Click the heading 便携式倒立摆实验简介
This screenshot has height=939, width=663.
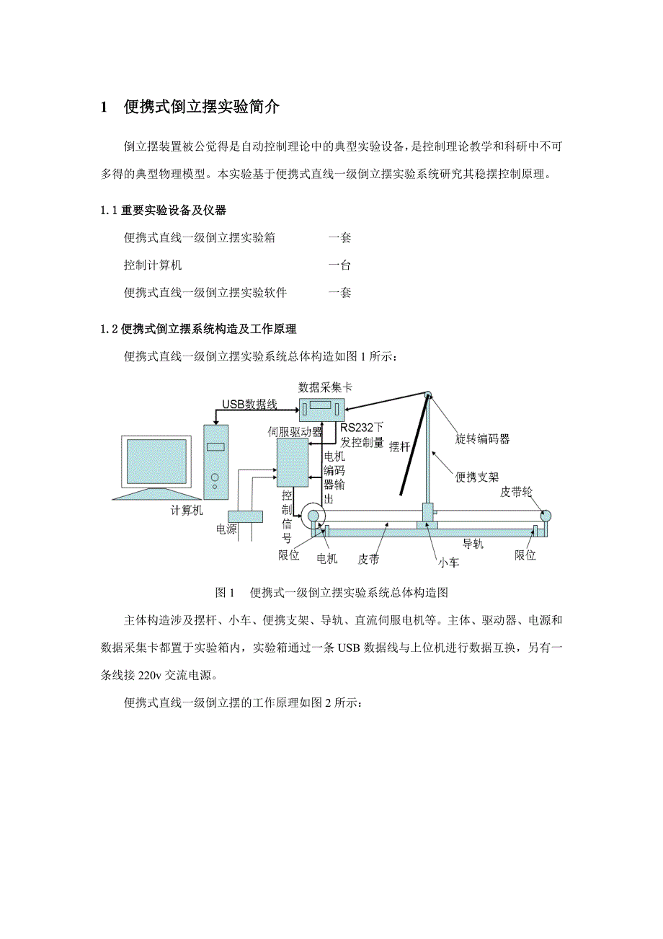201,108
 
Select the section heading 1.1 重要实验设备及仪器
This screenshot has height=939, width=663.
164,211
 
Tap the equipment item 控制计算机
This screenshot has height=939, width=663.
153,265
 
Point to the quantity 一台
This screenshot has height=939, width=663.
339,265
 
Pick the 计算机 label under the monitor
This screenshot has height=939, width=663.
187,511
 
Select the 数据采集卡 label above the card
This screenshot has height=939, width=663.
325,387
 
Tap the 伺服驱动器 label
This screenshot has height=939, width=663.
295,431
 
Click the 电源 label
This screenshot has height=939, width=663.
226,529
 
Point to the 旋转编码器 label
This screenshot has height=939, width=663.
482,438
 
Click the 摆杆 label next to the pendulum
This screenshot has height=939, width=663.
399,446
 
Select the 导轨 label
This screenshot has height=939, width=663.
473,543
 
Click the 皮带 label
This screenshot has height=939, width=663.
370,559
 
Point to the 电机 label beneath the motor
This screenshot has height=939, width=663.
327,558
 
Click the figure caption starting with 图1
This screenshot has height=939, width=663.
331,593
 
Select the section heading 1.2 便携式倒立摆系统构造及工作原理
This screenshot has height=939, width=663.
199,329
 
